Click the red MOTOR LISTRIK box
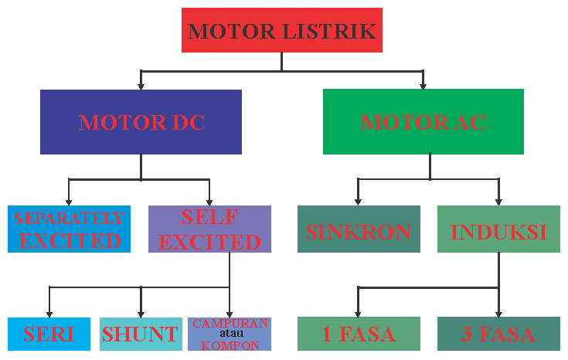click(x=281, y=30)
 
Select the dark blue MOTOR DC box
click(x=141, y=122)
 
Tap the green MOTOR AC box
click(x=423, y=122)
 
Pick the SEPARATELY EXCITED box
click(x=69, y=229)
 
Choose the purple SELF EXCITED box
click(x=209, y=229)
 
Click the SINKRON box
click(x=358, y=229)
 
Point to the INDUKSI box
click(x=498, y=229)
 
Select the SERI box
click(x=49, y=334)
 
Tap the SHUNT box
click(x=140, y=334)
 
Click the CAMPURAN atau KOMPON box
click(x=230, y=334)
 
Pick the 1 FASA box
click(x=358, y=334)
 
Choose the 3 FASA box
click(x=498, y=334)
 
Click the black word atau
click(x=230, y=334)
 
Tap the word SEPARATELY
click(x=69, y=219)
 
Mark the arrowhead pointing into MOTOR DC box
click(x=141, y=85)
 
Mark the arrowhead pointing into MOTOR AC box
click(x=423, y=85)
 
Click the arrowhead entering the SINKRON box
click(x=358, y=201)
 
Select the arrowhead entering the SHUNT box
click(x=141, y=312)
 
